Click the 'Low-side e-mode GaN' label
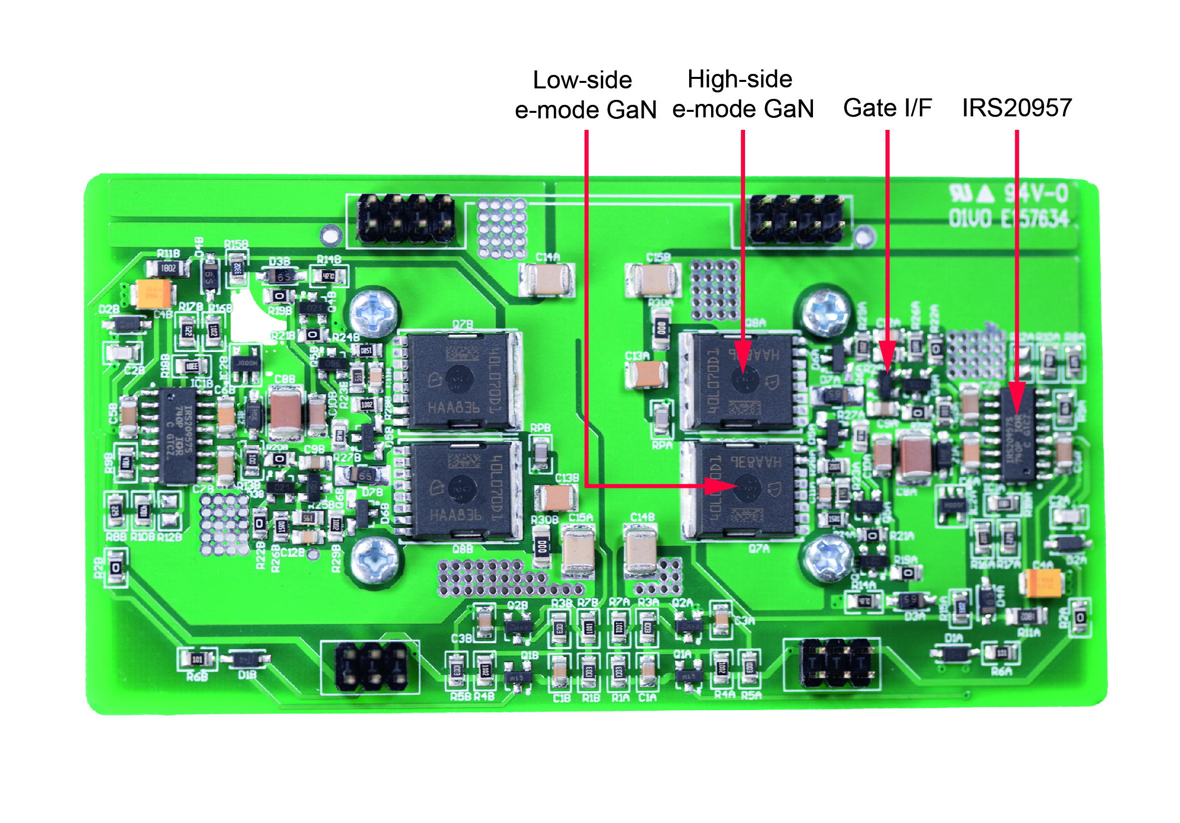(x=585, y=94)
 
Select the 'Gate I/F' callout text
(x=887, y=108)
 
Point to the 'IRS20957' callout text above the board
(x=1017, y=108)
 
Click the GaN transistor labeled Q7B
(x=459, y=381)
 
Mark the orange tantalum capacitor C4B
(x=153, y=294)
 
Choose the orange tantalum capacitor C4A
(x=1044, y=583)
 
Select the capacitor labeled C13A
(x=647, y=374)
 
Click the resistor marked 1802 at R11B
(x=168, y=268)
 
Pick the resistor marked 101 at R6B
(x=197, y=659)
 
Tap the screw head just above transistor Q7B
(x=374, y=312)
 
